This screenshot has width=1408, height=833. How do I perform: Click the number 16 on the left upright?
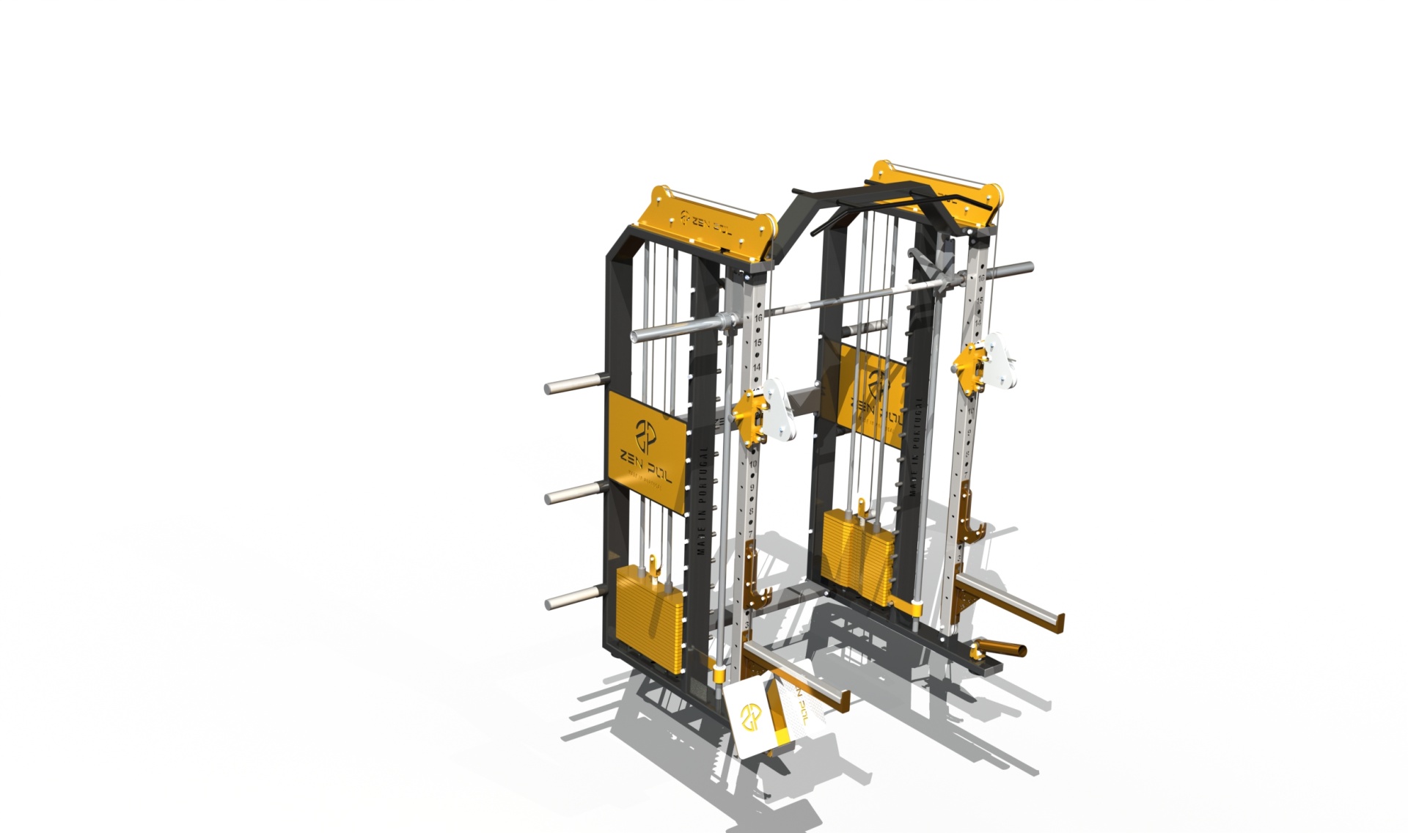(758, 318)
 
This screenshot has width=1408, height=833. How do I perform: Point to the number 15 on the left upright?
(758, 342)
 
